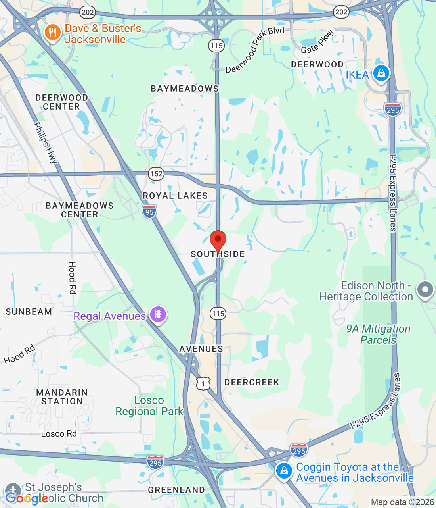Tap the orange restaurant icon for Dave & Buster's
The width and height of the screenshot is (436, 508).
click(x=52, y=33)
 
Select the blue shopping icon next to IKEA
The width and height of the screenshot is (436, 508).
click(x=381, y=73)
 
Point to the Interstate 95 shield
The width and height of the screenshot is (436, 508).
click(x=149, y=211)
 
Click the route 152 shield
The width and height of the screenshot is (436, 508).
click(x=156, y=173)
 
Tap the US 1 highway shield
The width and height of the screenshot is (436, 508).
click(x=203, y=383)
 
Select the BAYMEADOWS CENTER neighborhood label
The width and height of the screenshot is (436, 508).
click(x=80, y=210)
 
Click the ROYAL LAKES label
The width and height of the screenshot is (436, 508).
click(x=175, y=196)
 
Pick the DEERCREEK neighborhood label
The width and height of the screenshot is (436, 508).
click(x=252, y=382)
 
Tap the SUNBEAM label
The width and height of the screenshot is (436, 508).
click(x=29, y=312)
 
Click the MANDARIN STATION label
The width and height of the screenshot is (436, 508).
click(x=62, y=397)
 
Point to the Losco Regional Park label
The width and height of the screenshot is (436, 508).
click(x=149, y=406)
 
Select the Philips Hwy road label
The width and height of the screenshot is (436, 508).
click(x=46, y=143)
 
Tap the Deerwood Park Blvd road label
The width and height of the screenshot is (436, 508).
click(x=255, y=50)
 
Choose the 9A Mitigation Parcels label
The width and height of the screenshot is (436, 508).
click(x=378, y=334)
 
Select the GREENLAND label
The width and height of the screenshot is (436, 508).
click(x=176, y=490)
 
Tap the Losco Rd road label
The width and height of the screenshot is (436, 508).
click(x=59, y=433)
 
